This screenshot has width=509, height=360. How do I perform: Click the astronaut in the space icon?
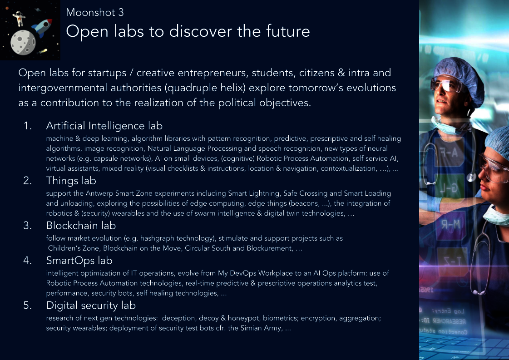click(19, 18)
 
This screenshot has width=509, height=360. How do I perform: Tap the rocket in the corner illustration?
click(41, 27)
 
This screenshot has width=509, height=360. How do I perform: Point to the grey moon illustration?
click(23, 43)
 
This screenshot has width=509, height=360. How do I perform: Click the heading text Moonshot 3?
click(95, 12)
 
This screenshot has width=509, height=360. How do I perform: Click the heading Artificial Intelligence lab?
click(104, 126)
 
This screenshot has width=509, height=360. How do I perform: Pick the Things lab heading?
click(71, 181)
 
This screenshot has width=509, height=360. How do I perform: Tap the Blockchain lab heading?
click(81, 225)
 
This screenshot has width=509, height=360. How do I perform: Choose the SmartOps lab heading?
click(79, 260)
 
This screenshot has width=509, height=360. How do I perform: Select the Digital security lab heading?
click(91, 305)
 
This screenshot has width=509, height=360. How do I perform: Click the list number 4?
click(28, 260)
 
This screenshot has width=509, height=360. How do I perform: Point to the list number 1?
click(28, 126)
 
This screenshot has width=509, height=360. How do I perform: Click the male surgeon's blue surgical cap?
click(458, 74)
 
